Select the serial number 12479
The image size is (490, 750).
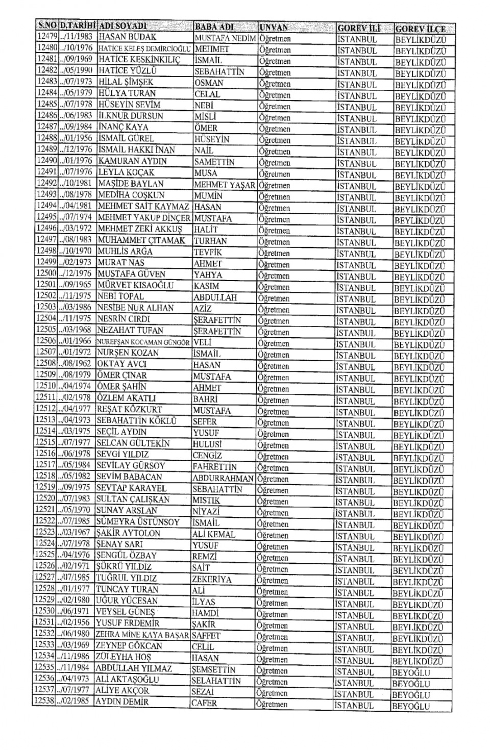(47, 37)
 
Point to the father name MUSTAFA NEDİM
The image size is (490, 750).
(225, 38)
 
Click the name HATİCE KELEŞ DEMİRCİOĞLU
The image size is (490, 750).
(144, 49)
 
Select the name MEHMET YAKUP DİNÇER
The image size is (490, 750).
(144, 218)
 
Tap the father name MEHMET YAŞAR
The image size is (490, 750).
(224, 185)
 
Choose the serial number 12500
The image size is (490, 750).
(46, 273)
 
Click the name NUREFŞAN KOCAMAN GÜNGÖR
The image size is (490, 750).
(143, 341)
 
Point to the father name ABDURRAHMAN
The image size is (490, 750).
(223, 478)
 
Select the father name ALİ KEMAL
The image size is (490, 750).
(214, 534)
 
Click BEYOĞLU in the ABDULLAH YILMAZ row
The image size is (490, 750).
(411, 672)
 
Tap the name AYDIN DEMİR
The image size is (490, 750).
(122, 702)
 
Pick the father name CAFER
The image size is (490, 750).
(205, 703)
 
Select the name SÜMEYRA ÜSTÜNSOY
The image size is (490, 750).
(138, 522)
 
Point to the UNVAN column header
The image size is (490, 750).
(274, 28)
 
